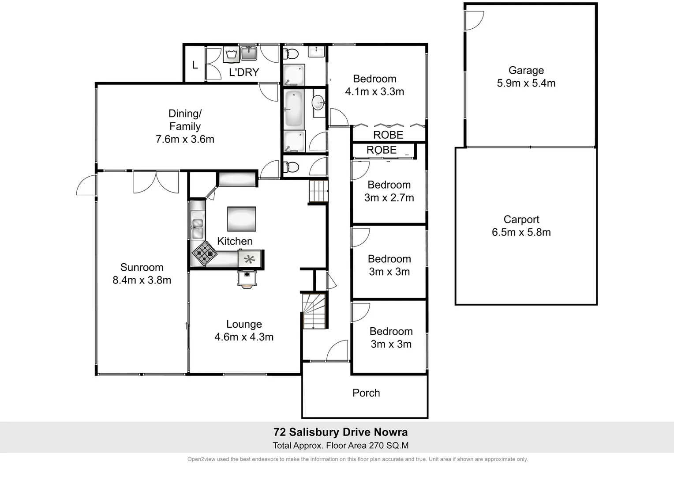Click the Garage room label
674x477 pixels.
point(526,70)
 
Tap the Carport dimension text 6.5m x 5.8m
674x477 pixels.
point(521,232)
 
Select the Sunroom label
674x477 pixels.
point(142,267)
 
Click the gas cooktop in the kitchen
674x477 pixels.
point(204,253)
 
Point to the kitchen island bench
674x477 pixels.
point(241,219)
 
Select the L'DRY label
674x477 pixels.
point(244,72)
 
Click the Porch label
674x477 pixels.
point(366,393)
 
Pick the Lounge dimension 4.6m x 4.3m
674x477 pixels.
point(244,337)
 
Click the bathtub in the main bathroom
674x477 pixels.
point(293,108)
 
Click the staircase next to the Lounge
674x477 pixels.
point(314,311)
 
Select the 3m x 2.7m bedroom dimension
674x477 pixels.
point(389,198)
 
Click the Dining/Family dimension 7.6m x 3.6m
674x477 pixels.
point(185,140)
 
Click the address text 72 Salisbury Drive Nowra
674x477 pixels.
point(341,432)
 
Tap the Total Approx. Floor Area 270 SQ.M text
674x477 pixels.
point(341,446)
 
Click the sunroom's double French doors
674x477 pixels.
point(156,182)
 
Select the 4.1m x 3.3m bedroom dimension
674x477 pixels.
point(374,92)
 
